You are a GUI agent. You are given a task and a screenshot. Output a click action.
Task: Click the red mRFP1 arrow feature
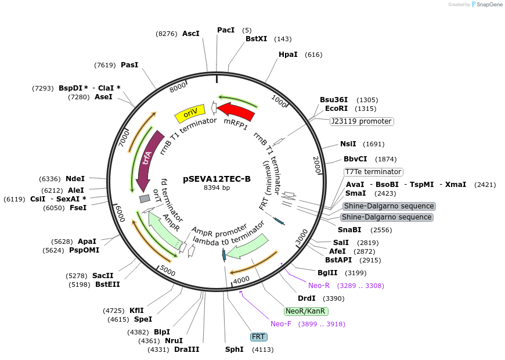coord(236,111)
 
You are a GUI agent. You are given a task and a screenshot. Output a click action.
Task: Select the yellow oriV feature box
coord(190,114)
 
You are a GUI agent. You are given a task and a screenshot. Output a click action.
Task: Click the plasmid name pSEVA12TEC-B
coord(217,179)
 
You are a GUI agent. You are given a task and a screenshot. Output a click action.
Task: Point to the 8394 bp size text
coord(217,188)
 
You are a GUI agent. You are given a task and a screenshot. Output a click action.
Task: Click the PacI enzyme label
coord(226,30)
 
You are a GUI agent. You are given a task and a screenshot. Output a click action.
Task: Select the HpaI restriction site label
coord(288,55)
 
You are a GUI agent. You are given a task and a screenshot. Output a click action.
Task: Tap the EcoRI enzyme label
coord(336,109)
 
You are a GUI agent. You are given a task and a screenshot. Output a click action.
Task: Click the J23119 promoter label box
coord(361,121)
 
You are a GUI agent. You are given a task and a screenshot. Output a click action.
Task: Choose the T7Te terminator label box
coord(373,172)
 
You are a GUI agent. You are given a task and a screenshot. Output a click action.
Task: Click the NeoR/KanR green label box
coord(305,311)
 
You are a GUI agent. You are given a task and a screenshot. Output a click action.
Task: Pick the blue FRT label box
coord(258,337)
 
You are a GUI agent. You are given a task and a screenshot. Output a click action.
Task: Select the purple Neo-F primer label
coord(282,324)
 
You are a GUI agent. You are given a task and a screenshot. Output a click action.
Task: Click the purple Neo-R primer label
coord(319,286)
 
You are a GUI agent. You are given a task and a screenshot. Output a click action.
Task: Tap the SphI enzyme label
coord(235,350)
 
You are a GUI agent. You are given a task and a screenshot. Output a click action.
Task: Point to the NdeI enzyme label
coord(75,179)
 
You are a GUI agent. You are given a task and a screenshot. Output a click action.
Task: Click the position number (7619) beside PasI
coord(104,65)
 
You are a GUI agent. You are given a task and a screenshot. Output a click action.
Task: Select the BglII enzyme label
coord(327,272)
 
